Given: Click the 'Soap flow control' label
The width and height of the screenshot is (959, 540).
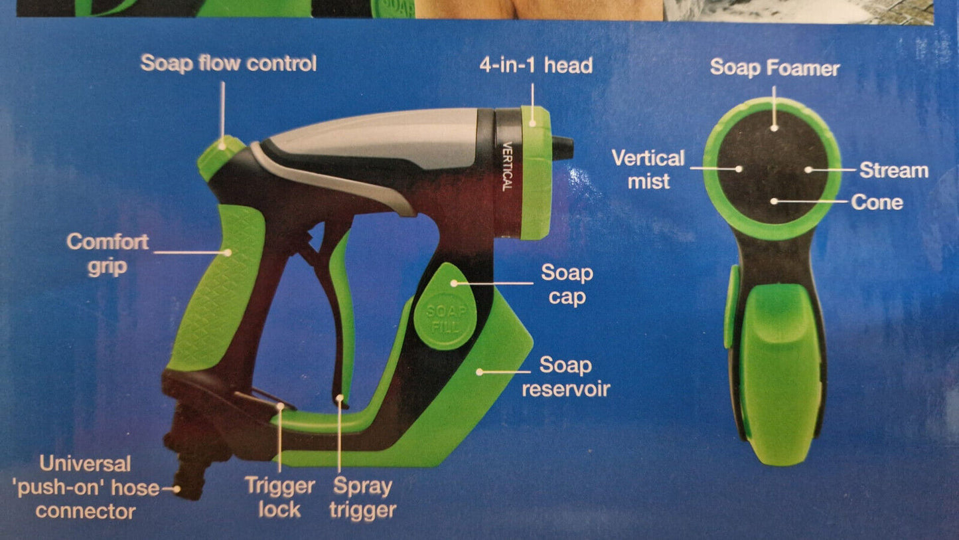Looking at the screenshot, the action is point(228,63).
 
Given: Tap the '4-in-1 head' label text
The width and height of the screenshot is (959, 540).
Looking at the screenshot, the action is point(536,66).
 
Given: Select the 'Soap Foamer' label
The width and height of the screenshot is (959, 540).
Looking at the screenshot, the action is point(775,68).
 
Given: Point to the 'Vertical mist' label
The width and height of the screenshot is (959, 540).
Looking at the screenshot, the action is point(648,169).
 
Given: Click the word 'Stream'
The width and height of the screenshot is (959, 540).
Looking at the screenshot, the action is point(894,170).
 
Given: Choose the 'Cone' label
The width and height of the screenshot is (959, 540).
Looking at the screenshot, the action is point(877,203).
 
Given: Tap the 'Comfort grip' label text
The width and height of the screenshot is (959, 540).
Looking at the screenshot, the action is point(108,254).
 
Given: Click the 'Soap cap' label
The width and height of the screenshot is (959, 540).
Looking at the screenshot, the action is point(567,284).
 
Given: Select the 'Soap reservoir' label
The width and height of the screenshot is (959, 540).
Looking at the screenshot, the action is point(565,377).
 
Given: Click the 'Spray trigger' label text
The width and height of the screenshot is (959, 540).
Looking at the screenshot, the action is point(362,498).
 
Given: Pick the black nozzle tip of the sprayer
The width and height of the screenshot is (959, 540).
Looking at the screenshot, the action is point(561,148).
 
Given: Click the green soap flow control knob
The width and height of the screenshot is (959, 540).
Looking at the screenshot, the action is point(220,157).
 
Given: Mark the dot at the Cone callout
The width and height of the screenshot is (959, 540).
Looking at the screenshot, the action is point(774,201).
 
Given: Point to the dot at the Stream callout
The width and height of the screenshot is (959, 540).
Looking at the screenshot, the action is point(808,170).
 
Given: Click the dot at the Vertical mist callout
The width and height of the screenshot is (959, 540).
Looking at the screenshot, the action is point(739,169).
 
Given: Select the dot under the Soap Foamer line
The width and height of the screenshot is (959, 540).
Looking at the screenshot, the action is point(774,128).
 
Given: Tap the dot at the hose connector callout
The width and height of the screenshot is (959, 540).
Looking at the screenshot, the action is point(176,489).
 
